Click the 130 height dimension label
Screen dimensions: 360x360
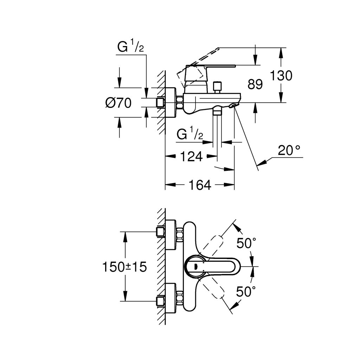pos(281,75)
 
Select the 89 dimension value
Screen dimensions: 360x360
pos(255,84)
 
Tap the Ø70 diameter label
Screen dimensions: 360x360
pos(118,103)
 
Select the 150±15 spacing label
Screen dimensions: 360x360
pos(124,267)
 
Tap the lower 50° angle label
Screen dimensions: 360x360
pos(246,291)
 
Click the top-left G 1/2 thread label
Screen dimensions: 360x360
pos(130,47)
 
